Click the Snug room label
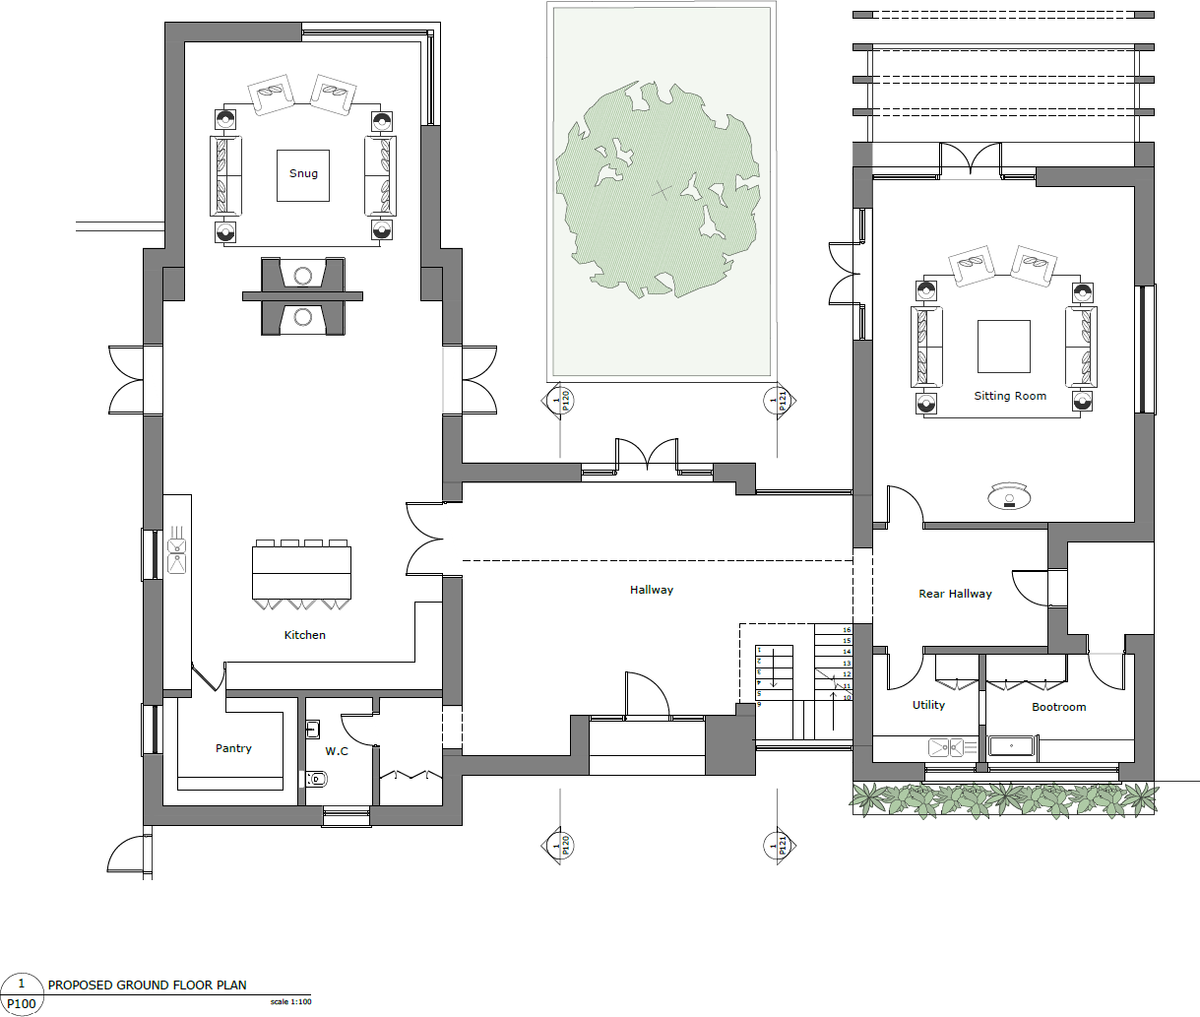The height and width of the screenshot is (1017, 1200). click(x=303, y=173)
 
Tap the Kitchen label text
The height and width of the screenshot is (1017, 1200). click(x=304, y=635)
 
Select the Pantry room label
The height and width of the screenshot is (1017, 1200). click(x=233, y=748)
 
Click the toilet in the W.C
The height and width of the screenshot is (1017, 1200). click(x=315, y=779)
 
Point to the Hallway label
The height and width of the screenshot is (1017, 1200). click(x=651, y=590)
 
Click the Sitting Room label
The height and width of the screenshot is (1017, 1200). click(x=1010, y=396)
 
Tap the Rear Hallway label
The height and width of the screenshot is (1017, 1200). click(x=955, y=594)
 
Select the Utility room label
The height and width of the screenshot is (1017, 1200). click(x=928, y=705)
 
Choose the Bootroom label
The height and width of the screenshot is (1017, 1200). click(x=1058, y=707)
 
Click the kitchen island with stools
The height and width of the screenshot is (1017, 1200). click(x=301, y=572)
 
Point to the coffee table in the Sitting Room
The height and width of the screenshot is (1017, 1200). click(x=1003, y=347)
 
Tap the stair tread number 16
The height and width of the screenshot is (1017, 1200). click(x=847, y=630)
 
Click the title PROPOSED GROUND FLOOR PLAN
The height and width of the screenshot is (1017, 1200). click(x=148, y=985)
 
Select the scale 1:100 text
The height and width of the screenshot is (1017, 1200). click(x=290, y=1002)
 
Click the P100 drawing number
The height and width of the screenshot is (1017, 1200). click(x=21, y=1004)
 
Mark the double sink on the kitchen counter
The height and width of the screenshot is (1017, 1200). click(x=177, y=554)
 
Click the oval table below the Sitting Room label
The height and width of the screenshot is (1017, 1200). click(x=1009, y=497)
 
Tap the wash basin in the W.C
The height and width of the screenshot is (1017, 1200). click(x=312, y=730)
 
